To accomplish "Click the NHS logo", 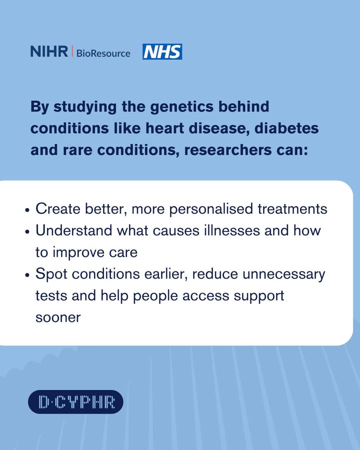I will point(162,51).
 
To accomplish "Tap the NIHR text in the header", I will point(49,51).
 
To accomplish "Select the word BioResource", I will point(103,53).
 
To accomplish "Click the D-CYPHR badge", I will point(75,401).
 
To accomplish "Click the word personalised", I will point(212,209).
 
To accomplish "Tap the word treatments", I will point(292,209).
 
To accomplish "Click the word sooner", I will point(57,317).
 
